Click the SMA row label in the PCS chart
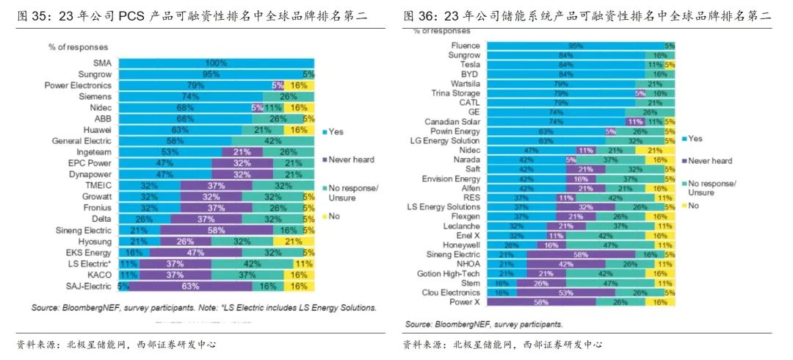[x=103, y=63]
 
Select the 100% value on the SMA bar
[x=216, y=63]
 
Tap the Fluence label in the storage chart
[x=466, y=46]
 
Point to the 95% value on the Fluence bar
[x=576, y=46]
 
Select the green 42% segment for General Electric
[x=272, y=140]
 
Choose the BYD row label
[x=470, y=74]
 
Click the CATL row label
[x=469, y=103]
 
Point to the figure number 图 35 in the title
[x=32, y=15]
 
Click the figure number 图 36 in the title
[x=419, y=15]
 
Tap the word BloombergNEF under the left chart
[x=87, y=307]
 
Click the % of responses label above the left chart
[x=78, y=47]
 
